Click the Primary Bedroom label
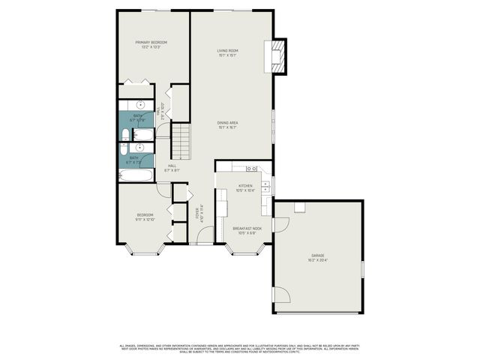click(151, 42)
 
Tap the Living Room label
click(228, 50)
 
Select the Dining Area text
click(228, 122)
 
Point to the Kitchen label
click(246, 185)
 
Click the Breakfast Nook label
click(246, 228)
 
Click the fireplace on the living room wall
click(279, 55)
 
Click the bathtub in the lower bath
click(135, 175)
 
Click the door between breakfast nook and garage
click(280, 224)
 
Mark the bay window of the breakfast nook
click(247, 248)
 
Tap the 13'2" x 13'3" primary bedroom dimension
click(151, 47)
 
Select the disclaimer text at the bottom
click(240, 348)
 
